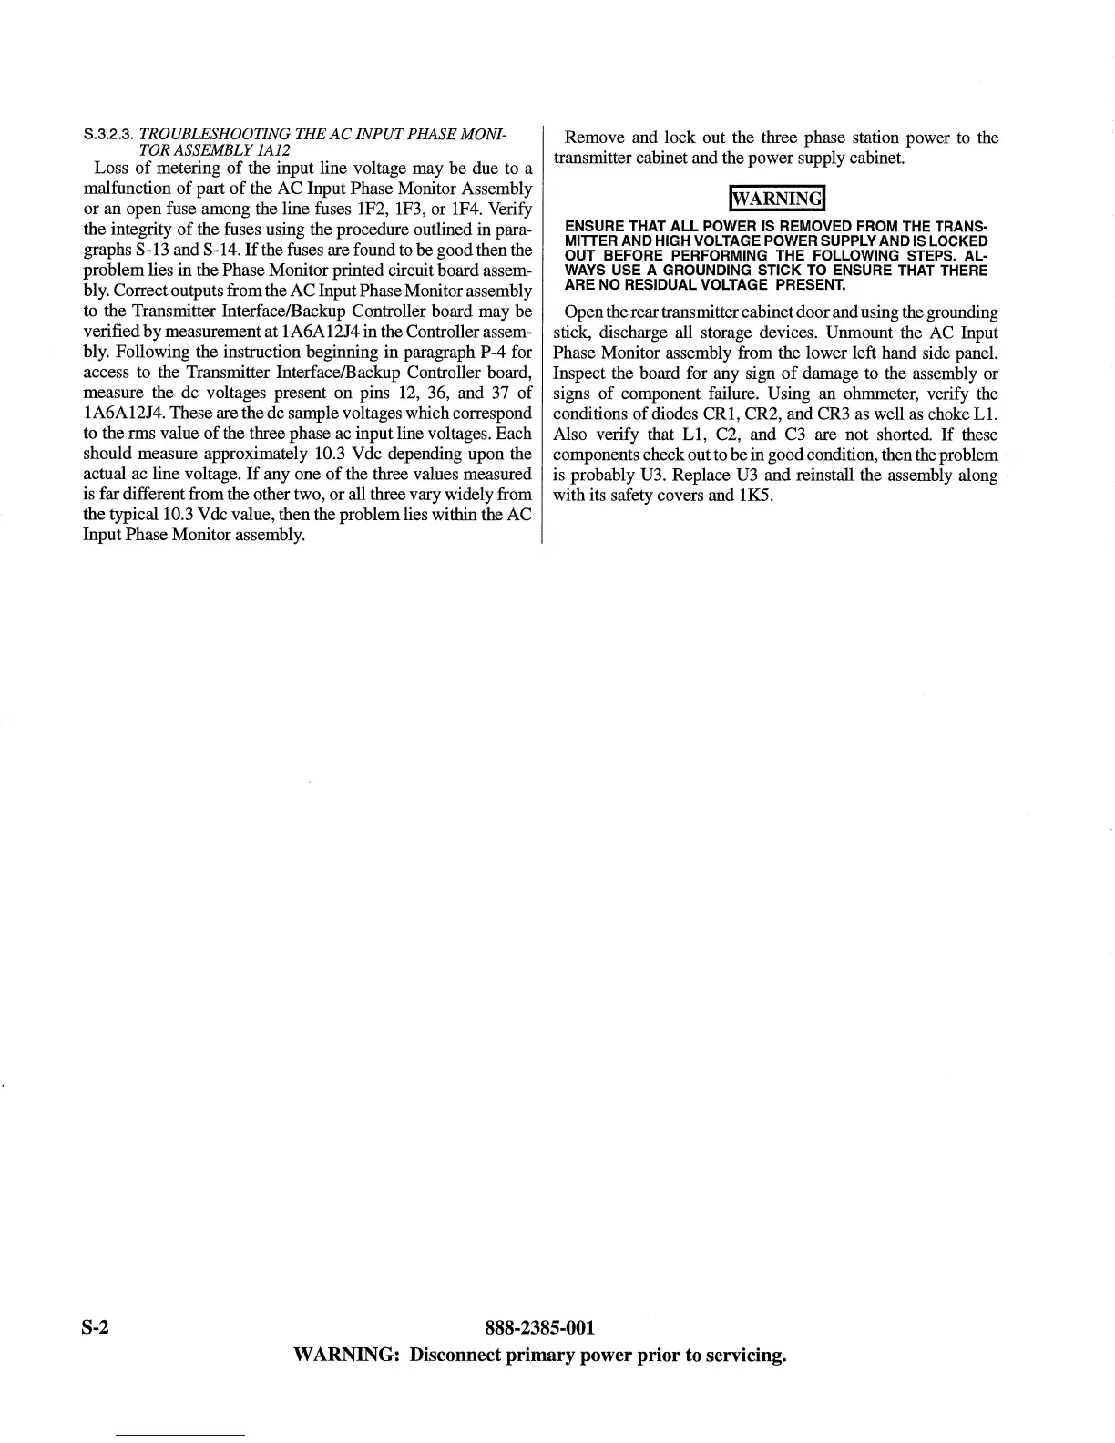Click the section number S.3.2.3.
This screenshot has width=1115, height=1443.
pos(108,137)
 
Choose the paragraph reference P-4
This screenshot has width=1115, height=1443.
pos(496,352)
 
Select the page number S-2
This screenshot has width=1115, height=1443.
pos(96,1327)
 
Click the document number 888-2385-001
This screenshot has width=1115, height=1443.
pos(541,1327)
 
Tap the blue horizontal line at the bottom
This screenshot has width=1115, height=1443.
pos(180,1435)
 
